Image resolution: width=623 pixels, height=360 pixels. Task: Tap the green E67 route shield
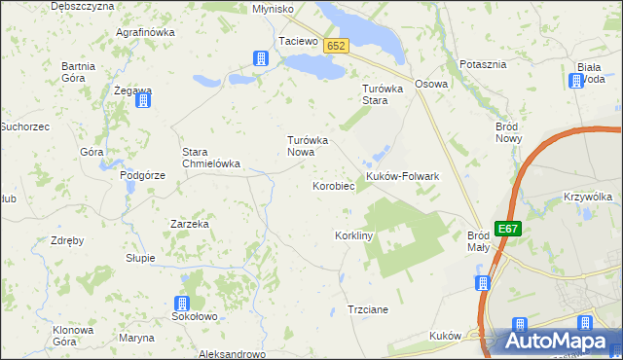pyautogui.click(x=507, y=229)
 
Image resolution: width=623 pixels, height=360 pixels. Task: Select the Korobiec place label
pyautogui.click(x=332, y=185)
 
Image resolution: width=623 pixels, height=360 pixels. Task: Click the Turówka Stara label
pyautogui.click(x=376, y=94)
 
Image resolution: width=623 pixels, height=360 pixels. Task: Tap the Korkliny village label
pyautogui.click(x=354, y=236)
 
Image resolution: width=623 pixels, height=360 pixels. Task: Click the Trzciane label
pyautogui.click(x=368, y=309)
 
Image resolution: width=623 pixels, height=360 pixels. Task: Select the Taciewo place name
pyautogui.click(x=299, y=42)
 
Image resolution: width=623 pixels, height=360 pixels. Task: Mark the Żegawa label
pyautogui.click(x=132, y=90)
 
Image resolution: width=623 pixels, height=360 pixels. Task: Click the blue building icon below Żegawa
pyautogui.click(x=143, y=100)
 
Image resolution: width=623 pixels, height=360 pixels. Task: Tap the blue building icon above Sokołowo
pyautogui.click(x=182, y=304)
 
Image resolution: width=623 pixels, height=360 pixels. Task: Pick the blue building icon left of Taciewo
pyautogui.click(x=260, y=58)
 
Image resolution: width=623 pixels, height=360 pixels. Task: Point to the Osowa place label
pyautogui.click(x=431, y=84)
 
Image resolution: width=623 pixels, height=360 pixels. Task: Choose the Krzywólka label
pyautogui.click(x=588, y=197)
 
